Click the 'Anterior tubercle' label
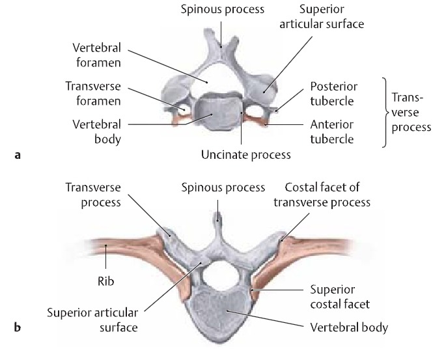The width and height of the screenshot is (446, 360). click(x=332, y=131)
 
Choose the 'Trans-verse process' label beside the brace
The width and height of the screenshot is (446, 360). click(x=412, y=112)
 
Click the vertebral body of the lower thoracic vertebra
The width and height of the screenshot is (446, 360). click(x=223, y=311)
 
